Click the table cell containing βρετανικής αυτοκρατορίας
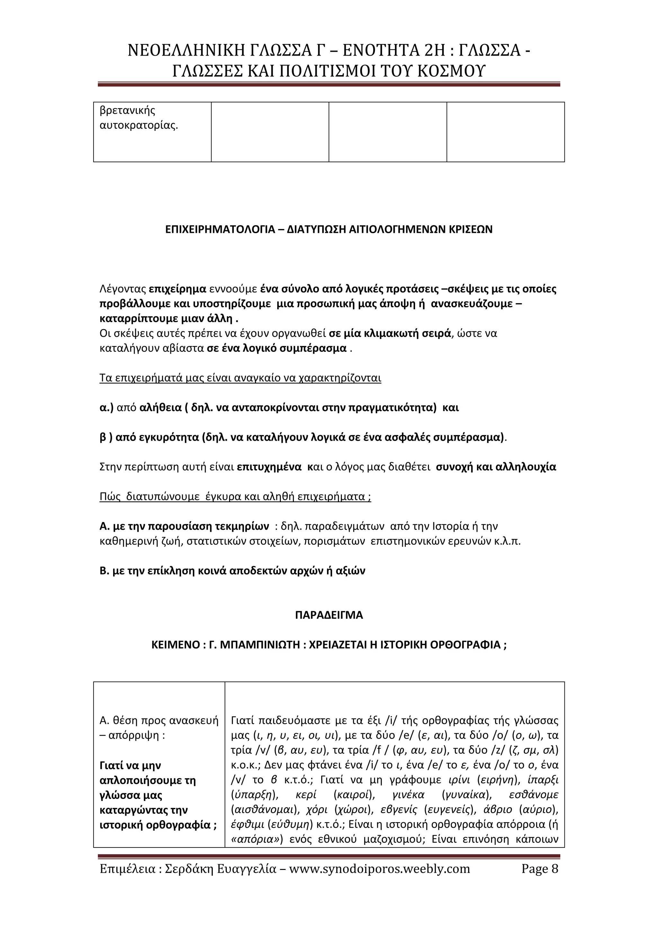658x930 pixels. (x=152, y=132)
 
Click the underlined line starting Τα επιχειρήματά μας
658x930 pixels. (x=240, y=378)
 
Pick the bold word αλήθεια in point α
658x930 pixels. (x=160, y=408)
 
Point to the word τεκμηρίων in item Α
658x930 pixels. (x=242, y=526)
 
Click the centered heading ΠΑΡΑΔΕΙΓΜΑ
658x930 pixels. (x=329, y=615)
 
